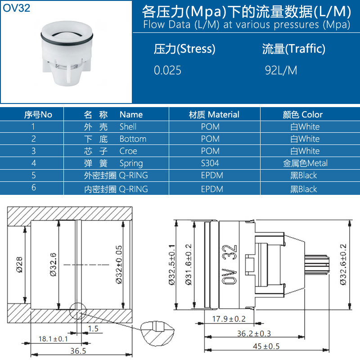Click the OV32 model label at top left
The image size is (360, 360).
tap(17, 8)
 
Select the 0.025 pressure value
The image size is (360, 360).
tap(168, 71)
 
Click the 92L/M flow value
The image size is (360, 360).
tap(281, 71)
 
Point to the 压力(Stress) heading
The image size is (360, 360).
tap(184, 49)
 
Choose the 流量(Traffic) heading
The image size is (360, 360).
tap(293, 49)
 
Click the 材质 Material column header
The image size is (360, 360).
tap(214, 114)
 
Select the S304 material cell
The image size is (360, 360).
tap(210, 163)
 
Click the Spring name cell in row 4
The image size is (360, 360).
tap(131, 163)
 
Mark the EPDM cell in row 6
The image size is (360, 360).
tap(212, 189)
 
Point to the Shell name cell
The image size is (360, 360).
tap(128, 126)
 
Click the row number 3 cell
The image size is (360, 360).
tap(34, 151)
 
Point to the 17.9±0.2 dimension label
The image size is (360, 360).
tap(229, 319)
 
